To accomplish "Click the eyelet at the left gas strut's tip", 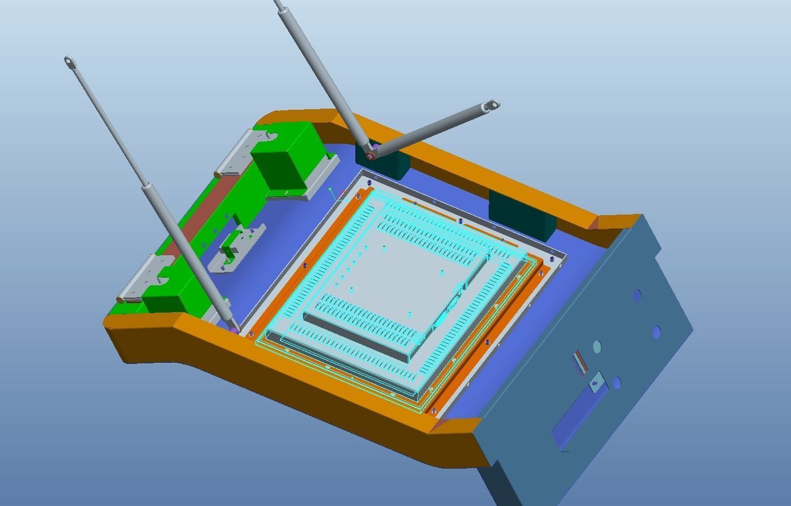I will click(69, 61).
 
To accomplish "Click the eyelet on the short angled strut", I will click(491, 105).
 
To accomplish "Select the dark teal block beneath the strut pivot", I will click(390, 165).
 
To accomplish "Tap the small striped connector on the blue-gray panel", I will click(581, 362).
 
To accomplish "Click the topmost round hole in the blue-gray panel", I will click(636, 295).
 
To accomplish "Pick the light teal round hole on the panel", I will click(596, 347).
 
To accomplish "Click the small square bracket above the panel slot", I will click(596, 383).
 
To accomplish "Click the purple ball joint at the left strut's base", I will click(234, 330).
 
